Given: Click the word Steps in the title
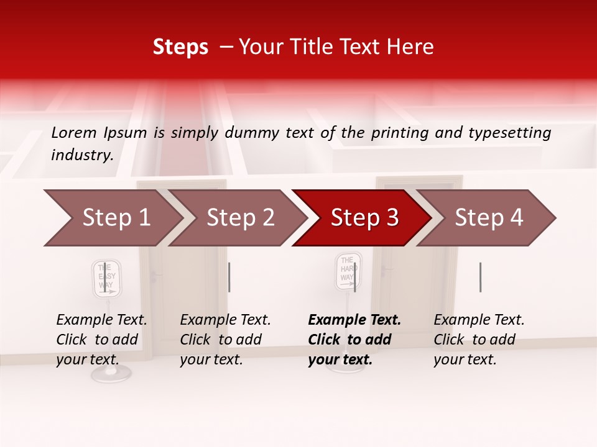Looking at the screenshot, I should click(180, 47).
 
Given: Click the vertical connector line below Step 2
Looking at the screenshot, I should click(229, 277).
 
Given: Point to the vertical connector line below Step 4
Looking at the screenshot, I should click(480, 277).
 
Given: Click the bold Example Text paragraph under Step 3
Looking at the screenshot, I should click(354, 340).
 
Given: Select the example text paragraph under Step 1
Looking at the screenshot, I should click(101, 340).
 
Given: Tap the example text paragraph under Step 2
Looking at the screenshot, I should click(225, 340).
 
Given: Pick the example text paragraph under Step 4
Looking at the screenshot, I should click(479, 340).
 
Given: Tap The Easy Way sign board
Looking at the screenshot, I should click(107, 278).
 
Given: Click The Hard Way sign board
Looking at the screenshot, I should click(347, 271).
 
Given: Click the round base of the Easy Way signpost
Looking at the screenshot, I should click(111, 373).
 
